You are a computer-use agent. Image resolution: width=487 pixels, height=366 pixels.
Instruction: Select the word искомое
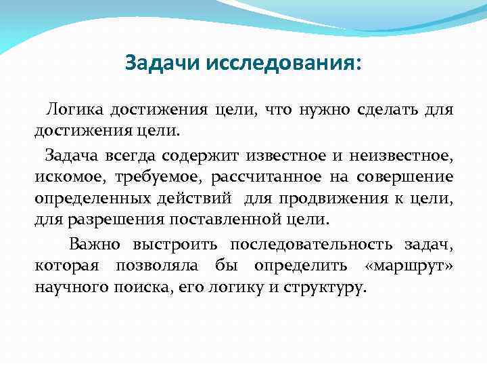66,178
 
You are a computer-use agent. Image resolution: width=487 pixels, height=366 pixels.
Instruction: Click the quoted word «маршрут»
418,265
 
